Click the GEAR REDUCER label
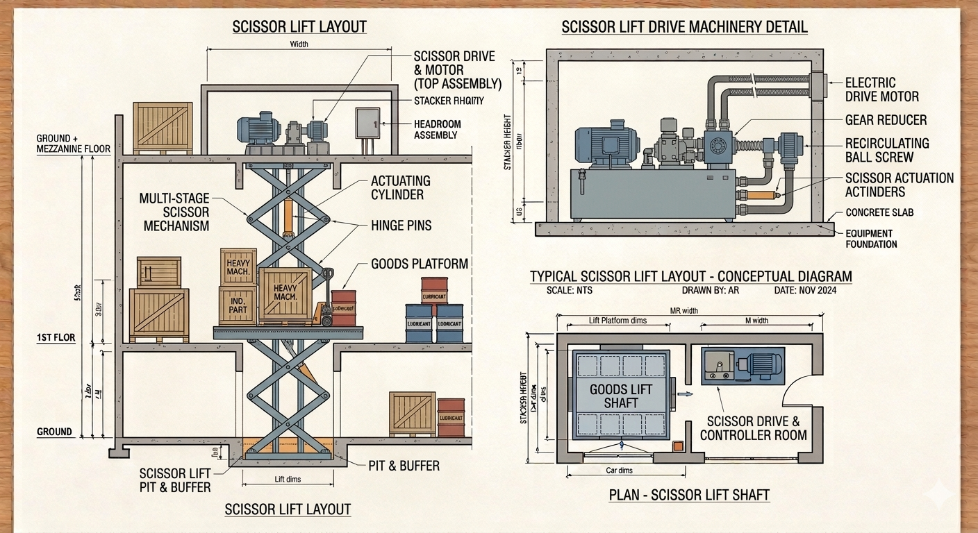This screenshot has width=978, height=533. [x=886, y=120]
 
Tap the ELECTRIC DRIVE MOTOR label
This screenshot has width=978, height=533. [x=881, y=90]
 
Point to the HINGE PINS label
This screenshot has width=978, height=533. [x=401, y=225]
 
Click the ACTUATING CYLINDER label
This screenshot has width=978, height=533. [x=400, y=187]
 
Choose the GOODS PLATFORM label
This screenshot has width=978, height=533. [x=420, y=264]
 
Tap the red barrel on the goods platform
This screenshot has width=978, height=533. [x=343, y=308]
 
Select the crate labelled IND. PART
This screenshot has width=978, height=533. [x=238, y=305]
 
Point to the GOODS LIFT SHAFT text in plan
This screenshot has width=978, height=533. [x=622, y=396]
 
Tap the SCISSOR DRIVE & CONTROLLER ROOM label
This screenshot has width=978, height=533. [x=753, y=428]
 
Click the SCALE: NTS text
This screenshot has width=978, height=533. [x=566, y=290]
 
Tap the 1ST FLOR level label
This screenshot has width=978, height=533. [x=56, y=338]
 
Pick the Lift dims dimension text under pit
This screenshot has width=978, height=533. [x=288, y=480]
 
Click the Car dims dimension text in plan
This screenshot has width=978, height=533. [x=615, y=471]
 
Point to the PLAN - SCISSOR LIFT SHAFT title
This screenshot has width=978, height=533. [x=689, y=496]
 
